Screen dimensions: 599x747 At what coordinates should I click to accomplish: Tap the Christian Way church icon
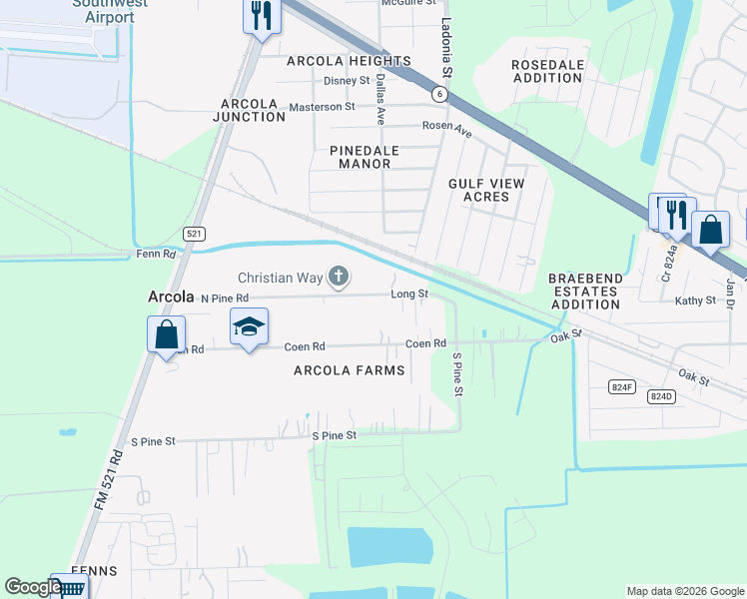click(339, 278)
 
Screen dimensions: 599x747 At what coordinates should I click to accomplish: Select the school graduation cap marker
click(250, 325)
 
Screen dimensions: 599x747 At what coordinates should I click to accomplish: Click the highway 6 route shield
click(438, 93)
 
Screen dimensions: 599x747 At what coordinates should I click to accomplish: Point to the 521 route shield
click(195, 233)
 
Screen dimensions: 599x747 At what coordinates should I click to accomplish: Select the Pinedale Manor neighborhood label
click(365, 157)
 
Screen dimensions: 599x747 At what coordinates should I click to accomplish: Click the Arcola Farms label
click(350, 370)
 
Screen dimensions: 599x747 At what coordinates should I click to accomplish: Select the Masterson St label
click(322, 107)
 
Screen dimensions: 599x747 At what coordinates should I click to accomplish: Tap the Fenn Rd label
click(156, 255)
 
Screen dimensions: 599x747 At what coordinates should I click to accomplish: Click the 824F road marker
click(622, 385)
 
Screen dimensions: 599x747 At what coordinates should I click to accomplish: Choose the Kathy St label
click(695, 299)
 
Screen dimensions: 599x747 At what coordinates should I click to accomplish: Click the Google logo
click(33, 588)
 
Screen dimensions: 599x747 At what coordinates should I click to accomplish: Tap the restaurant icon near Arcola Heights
click(262, 16)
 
